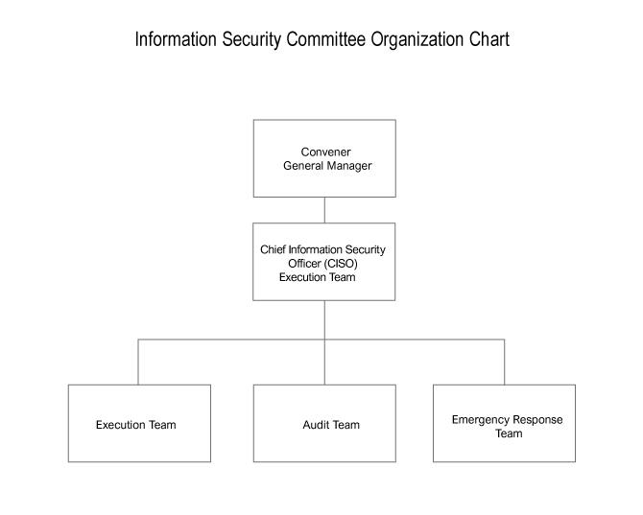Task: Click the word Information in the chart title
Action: (176, 39)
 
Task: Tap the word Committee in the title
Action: (325, 39)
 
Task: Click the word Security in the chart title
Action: (251, 40)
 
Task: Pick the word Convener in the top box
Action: (325, 152)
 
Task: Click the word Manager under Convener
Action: (349, 166)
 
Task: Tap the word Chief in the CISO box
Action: (273, 249)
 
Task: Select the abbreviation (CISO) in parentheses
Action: (341, 264)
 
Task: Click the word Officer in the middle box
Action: (304, 264)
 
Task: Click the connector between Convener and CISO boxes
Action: (324, 210)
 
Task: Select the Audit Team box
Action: (324, 423)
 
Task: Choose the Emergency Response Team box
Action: (505, 423)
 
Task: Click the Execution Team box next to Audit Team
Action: (139, 423)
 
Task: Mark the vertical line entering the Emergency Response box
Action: (505, 363)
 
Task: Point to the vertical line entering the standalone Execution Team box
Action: (138, 363)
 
